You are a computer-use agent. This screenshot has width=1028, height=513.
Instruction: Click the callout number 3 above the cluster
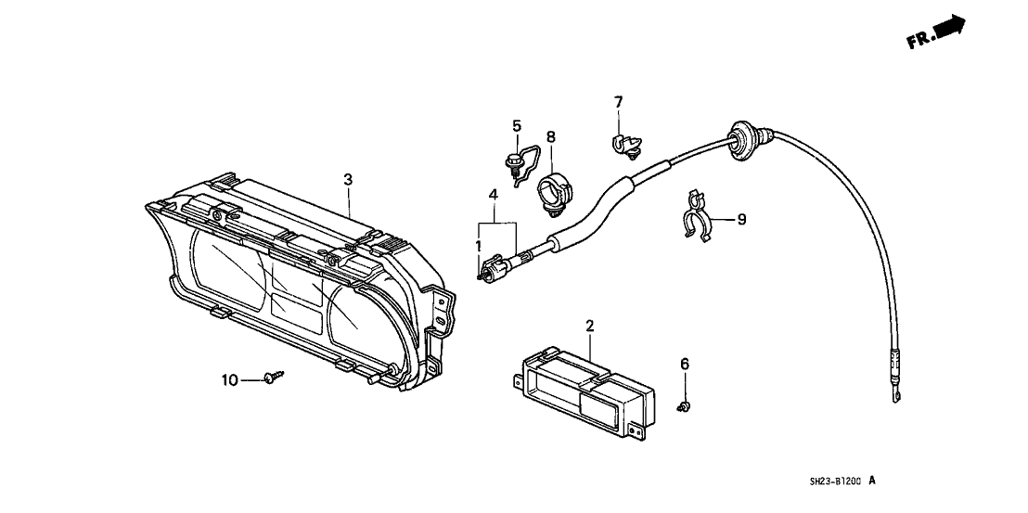click(x=348, y=180)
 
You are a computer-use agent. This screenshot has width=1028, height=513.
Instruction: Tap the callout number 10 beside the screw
click(x=229, y=379)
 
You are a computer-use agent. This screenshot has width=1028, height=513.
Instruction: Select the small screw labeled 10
click(x=273, y=377)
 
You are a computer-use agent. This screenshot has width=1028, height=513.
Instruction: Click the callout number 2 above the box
click(x=589, y=326)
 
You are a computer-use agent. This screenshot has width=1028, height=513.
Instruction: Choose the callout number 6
click(x=685, y=365)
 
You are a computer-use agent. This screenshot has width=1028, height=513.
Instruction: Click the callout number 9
click(x=741, y=220)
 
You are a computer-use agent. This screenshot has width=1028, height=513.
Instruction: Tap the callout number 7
click(x=619, y=101)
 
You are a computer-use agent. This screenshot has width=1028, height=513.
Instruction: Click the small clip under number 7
click(x=624, y=145)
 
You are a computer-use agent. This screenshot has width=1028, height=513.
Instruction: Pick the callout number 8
click(x=550, y=137)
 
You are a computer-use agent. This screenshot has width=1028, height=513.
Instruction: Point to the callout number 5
click(x=517, y=126)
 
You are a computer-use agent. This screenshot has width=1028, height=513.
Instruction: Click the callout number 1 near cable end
click(x=479, y=246)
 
